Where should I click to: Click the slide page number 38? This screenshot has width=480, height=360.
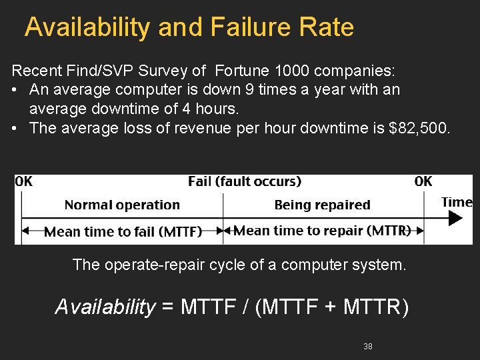(368, 347)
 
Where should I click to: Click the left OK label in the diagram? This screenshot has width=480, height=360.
(23, 181)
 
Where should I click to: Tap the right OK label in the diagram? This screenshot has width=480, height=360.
(423, 181)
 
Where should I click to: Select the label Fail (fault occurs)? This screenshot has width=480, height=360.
(245, 181)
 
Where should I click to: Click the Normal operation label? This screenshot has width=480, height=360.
(122, 205)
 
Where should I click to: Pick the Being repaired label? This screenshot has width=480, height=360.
(322, 205)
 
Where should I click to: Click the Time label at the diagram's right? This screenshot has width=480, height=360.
(457, 202)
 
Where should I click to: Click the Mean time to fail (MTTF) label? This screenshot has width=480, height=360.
(123, 232)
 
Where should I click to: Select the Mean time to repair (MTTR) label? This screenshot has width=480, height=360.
(321, 231)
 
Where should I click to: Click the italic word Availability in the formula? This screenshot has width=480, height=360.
(105, 307)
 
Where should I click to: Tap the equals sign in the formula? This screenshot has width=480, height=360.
(168, 307)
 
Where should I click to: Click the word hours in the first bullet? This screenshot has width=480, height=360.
(218, 108)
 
